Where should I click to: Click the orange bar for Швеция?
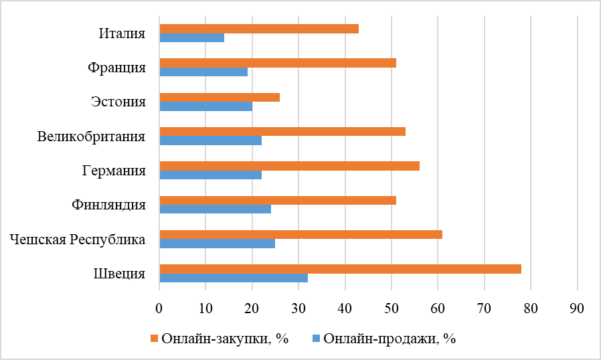pos(340,269)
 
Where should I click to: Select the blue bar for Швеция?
pos(234,278)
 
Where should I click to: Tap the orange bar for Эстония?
pos(220,98)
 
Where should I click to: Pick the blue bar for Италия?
pos(192,37)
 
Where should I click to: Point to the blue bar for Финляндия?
pos(215,209)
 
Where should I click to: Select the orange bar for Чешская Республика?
pos(300,235)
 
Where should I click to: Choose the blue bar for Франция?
pos(203,72)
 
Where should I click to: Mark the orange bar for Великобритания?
pos(282,132)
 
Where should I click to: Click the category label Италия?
pos(122,33)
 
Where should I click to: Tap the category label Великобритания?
pos(92,137)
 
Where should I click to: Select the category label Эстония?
pos(118,102)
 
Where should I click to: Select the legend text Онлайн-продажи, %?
pos(389,339)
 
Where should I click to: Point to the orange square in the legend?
pos(155,339)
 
